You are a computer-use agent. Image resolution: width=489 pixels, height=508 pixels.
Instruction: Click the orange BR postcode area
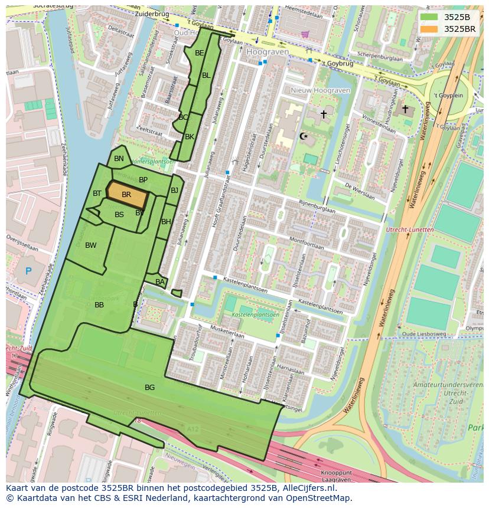126,195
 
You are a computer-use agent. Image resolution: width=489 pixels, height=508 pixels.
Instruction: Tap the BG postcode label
149,388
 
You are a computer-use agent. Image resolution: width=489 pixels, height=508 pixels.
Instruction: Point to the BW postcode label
90,245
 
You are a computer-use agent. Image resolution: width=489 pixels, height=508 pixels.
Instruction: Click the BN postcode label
119,159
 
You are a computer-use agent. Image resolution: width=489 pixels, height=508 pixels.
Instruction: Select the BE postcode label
200,53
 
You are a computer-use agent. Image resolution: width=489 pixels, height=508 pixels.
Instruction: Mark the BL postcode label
206,76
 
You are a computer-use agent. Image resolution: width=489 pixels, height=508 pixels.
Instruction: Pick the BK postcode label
190,137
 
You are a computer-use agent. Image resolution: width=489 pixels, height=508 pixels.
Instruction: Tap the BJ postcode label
174,191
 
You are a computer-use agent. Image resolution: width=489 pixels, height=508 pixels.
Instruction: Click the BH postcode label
166,222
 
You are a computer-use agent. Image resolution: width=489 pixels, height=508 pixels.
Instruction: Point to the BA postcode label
160,282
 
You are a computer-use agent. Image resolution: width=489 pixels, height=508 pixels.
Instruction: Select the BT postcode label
97,194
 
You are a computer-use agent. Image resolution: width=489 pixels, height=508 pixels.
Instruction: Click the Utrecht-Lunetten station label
409,230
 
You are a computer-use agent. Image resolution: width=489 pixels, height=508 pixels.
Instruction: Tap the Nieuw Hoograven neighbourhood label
320,90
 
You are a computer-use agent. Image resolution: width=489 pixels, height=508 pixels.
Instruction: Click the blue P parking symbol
28,271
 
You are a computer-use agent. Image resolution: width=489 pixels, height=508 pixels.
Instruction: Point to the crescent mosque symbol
304,136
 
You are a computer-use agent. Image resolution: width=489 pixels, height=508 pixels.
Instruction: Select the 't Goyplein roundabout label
448,96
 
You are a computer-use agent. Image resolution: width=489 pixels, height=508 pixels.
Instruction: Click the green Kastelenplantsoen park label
256,315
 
